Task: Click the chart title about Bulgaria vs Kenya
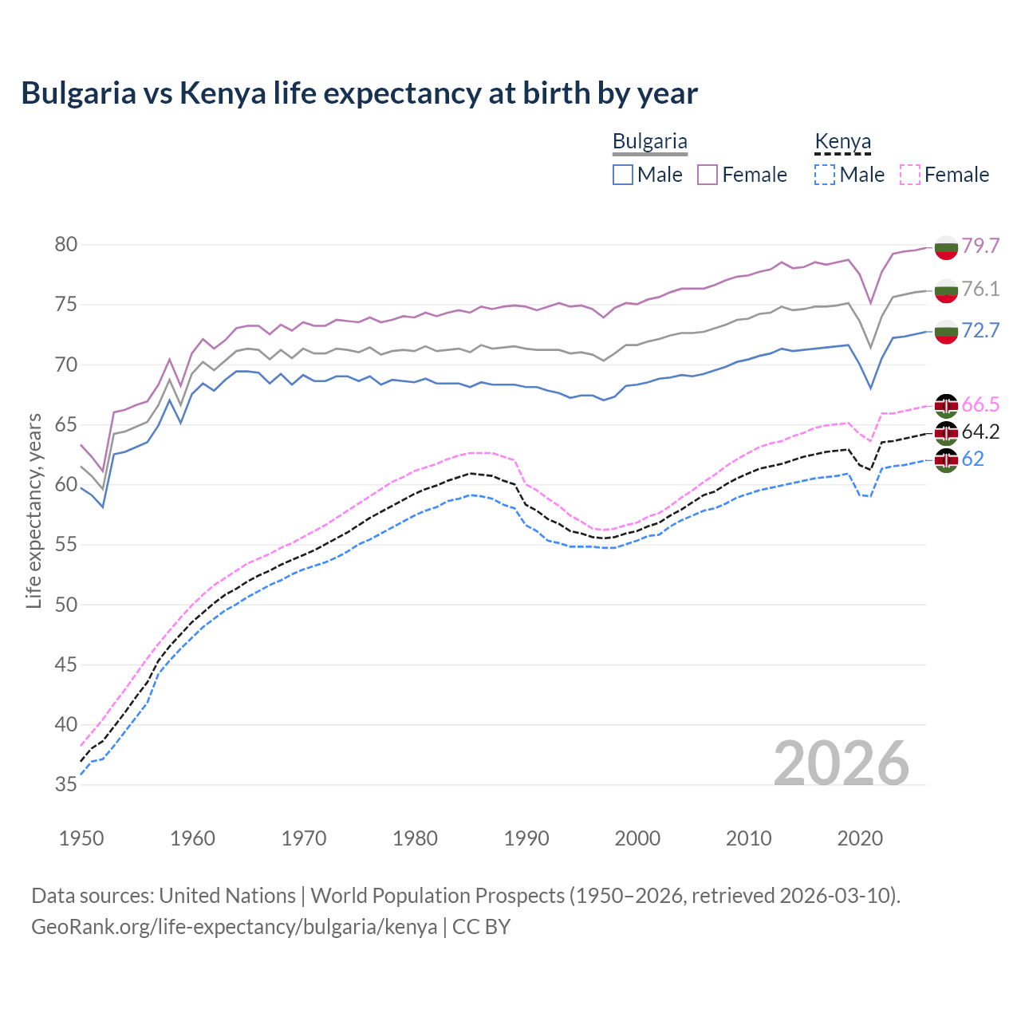(x=359, y=93)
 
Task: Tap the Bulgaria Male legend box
(x=623, y=175)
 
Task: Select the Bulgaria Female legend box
(x=708, y=175)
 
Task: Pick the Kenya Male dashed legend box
(x=825, y=175)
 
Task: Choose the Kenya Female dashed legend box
(x=909, y=175)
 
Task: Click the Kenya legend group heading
(x=842, y=142)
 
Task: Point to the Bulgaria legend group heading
(x=649, y=142)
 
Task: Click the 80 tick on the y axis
(x=66, y=245)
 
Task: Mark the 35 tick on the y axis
(x=66, y=785)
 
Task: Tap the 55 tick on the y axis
(x=66, y=545)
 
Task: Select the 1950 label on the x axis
(x=81, y=838)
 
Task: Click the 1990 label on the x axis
(x=526, y=838)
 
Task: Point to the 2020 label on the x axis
(x=860, y=838)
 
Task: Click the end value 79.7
(x=980, y=246)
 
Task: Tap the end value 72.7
(x=980, y=330)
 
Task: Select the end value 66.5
(x=980, y=404)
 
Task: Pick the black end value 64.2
(x=980, y=432)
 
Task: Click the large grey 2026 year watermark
(x=842, y=763)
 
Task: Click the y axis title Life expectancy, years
(x=34, y=510)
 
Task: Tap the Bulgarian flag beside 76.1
(x=946, y=290)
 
